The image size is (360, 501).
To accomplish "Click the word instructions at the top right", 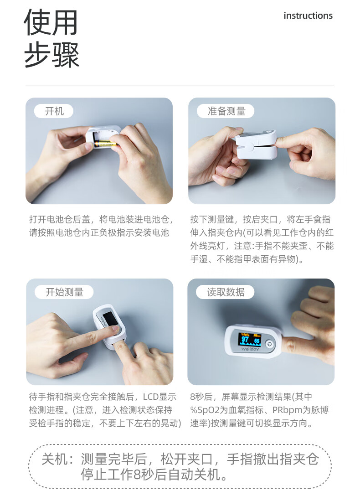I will pos(308,15).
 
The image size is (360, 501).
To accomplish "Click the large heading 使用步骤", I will pos(51,39).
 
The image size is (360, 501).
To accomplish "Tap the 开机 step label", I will pos(54,111).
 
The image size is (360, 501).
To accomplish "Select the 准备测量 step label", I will pos(226,111).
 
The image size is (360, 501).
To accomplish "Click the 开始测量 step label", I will pos(64,292).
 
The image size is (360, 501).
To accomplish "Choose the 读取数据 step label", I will pos(226,292).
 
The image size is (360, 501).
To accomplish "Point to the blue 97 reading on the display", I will pos(245,340).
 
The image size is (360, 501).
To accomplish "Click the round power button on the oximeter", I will pos(269,345).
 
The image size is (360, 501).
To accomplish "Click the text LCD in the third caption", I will pos(151,397).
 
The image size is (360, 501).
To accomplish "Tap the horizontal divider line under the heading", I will pos(180,86).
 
